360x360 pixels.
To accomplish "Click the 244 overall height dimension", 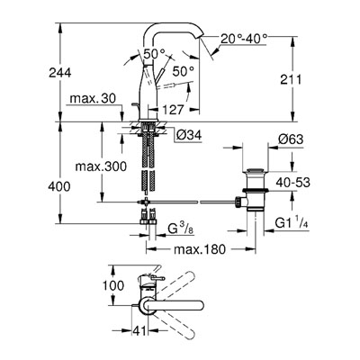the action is [x=60, y=73].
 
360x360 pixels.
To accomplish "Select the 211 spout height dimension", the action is [x=291, y=79].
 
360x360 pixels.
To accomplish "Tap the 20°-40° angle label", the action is [x=244, y=39].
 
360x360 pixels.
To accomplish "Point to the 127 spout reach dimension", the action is [x=173, y=110].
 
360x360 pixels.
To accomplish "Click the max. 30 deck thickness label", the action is [x=93, y=98].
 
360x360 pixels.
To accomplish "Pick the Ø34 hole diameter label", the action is [x=189, y=135].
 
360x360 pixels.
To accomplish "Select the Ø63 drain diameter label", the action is [x=291, y=139].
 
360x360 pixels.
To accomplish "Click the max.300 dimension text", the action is [x=101, y=166].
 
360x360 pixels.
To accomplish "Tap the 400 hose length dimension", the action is [x=59, y=186].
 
